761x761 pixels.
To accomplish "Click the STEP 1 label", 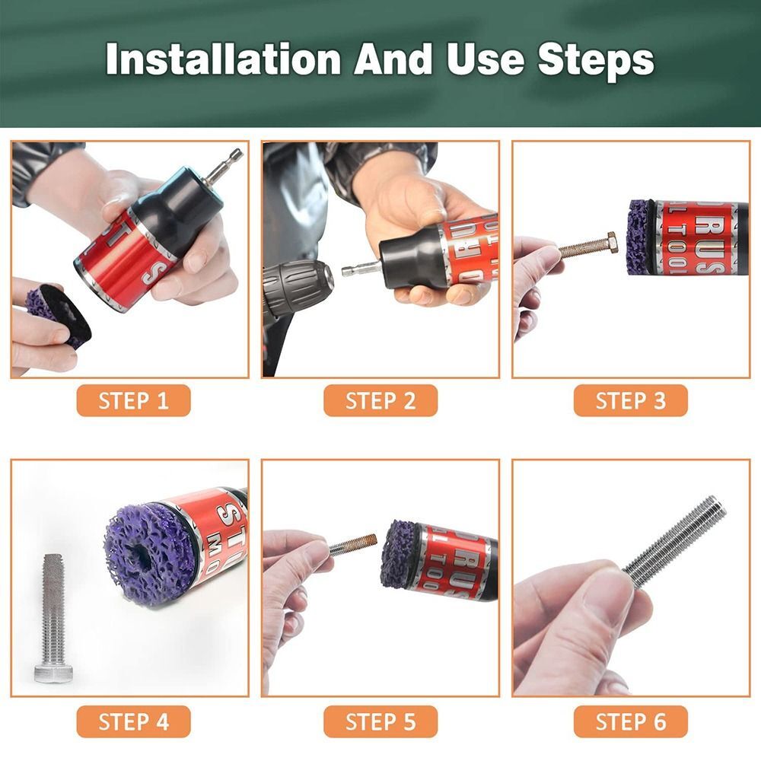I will point(133,401).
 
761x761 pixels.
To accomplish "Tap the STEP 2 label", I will point(380,401).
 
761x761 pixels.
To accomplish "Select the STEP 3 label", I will point(630,401).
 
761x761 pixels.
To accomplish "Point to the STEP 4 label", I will point(133,721).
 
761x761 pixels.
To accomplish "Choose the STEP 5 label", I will point(380,721).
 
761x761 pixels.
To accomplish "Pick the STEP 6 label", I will point(630,721).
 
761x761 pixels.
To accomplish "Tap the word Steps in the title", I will point(596,59).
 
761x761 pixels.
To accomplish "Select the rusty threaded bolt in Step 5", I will point(354,544).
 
